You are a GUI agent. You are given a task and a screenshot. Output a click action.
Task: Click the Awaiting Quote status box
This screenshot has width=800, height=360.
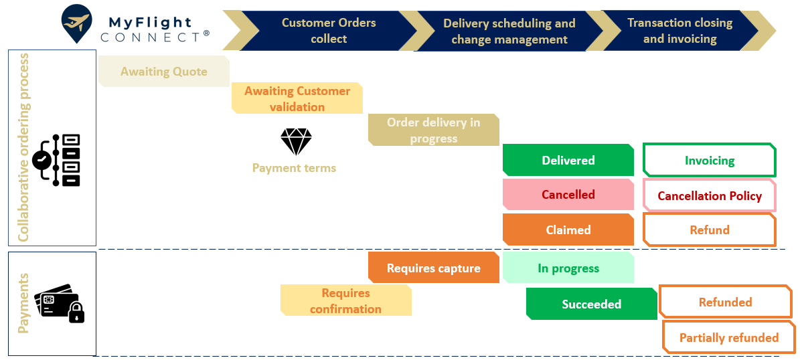point(164,72)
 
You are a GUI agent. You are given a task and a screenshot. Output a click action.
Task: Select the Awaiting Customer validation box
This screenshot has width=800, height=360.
point(297,98)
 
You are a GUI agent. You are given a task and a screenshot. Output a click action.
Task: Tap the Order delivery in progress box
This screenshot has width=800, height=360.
point(434,130)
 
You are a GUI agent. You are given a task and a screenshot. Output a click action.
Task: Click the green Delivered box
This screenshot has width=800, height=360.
point(568,161)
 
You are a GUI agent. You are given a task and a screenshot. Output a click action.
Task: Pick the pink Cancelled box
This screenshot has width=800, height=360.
point(568,195)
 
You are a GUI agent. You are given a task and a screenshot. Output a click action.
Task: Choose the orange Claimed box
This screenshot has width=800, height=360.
point(568,230)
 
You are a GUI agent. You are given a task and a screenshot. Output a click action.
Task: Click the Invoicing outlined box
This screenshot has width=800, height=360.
point(710,161)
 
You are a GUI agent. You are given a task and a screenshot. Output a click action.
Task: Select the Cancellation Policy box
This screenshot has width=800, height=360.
point(710,195)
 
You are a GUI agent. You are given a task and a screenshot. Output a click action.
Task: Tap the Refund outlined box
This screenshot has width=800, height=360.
point(710,230)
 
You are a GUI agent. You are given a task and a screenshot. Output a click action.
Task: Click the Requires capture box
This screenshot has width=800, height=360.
point(434,268)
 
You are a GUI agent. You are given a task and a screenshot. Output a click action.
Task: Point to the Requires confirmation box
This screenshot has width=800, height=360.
point(345,300)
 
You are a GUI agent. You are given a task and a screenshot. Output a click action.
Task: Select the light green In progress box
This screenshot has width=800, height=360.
point(568,268)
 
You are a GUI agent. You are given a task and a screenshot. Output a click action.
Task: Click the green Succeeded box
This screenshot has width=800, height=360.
point(592,304)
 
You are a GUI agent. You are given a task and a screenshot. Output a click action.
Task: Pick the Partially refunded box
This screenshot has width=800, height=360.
point(729,338)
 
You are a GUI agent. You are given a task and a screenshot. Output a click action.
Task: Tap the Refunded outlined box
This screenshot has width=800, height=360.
point(726,302)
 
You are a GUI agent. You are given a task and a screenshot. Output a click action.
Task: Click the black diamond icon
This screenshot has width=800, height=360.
point(296,142)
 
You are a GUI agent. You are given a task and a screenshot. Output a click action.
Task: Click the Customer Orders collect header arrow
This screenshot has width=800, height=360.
point(328,31)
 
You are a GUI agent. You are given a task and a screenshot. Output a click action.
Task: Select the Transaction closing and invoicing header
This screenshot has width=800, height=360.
point(679,31)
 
